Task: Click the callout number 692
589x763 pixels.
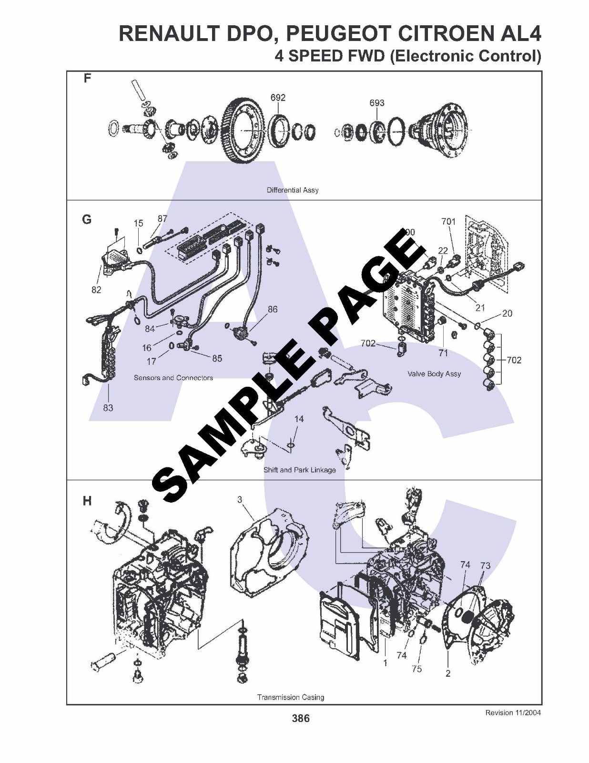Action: tap(278, 98)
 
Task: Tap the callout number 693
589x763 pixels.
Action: tap(376, 103)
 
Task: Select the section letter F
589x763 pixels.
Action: tap(87, 78)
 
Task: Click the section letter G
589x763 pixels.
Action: tap(87, 219)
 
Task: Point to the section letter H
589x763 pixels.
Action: tap(87, 501)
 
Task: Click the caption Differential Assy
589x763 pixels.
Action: tap(293, 190)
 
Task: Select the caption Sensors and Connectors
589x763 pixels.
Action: tap(173, 378)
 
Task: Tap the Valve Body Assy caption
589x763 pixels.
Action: tap(434, 374)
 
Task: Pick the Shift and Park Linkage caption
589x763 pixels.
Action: tap(300, 470)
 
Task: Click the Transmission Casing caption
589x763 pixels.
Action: tap(291, 697)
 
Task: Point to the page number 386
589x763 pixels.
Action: tap(301, 719)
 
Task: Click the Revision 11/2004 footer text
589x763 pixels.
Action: tap(513, 713)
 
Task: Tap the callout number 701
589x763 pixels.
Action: tap(448, 221)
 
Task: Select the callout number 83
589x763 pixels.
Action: tap(108, 408)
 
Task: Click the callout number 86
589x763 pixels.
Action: tap(272, 309)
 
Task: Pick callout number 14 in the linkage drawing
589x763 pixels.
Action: tap(299, 419)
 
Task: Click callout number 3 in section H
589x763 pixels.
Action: tap(240, 499)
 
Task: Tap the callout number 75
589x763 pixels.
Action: tap(417, 669)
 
